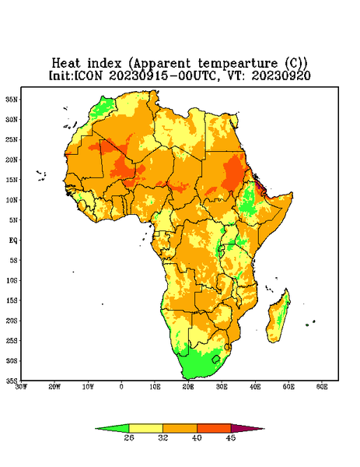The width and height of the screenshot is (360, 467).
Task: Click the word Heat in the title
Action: coord(66,64)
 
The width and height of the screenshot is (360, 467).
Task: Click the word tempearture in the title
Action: coord(238,64)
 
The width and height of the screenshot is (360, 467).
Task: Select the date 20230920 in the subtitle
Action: coord(281,75)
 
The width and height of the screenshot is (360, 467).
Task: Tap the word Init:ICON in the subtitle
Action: coord(76,75)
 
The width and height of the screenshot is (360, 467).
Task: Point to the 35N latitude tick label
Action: coord(12,100)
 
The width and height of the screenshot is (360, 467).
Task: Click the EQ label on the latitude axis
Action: coord(12,241)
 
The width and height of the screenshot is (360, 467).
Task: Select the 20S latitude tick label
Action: coord(12,321)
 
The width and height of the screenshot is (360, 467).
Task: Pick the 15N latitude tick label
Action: coord(12,180)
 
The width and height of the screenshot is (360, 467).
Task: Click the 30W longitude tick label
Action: coord(21,387)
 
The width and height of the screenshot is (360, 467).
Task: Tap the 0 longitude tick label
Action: coord(121,387)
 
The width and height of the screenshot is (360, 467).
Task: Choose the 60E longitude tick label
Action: coord(322,387)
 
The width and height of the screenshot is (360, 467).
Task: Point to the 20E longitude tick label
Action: coord(188,387)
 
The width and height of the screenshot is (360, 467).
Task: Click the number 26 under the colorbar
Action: coord(129,437)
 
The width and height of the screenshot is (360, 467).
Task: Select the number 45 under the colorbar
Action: coord(231,437)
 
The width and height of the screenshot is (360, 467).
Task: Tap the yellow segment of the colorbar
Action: coord(145,428)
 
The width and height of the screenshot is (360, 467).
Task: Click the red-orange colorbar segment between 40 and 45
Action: coord(214,428)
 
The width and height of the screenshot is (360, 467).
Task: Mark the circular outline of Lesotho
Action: coord(216,359)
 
